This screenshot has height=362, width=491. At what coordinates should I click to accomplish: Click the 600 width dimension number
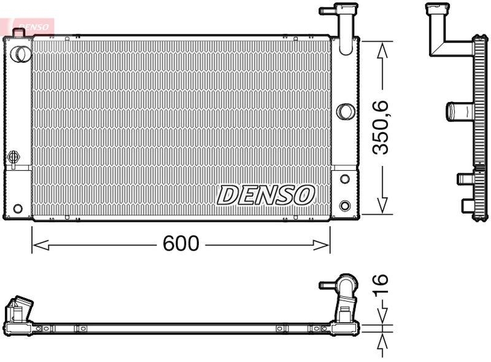point(181,244)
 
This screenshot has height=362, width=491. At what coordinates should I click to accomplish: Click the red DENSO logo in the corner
point(31,26)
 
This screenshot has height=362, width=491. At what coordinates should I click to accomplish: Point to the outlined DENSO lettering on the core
point(266,195)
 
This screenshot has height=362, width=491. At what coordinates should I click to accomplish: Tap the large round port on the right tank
point(346,111)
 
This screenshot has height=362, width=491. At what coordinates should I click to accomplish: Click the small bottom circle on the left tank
point(17,208)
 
